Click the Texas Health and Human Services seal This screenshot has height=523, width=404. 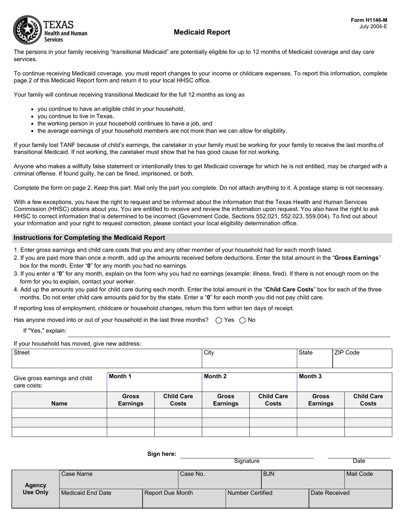coord(28,30)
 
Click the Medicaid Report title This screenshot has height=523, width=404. coord(202,32)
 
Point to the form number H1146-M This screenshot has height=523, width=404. coord(369,20)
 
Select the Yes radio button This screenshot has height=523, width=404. coord(219,320)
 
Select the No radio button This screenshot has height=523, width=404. coord(242,320)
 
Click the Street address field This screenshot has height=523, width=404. coord(106,358)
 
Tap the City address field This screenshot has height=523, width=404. coord(249,358)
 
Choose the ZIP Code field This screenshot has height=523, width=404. coord(362,358)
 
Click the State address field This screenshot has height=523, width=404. coord(314,358)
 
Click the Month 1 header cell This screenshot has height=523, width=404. coord(154,382)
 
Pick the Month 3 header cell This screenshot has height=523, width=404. coord(344,382)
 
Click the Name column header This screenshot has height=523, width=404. coord(59,404)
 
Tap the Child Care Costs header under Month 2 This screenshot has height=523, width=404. coord(273,400)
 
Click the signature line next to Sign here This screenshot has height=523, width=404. coord(247,455)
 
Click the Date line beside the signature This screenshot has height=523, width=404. coord(359,455)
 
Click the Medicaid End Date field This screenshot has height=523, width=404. coord(100,498)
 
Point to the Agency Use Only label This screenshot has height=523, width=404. coord(36,489)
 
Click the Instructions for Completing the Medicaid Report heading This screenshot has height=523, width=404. coord(89,238)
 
